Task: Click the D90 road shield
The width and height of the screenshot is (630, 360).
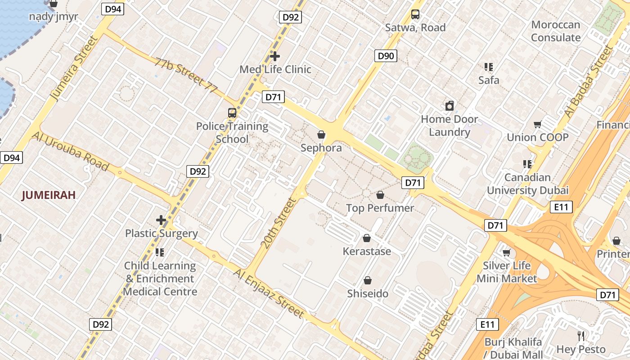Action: click(x=386, y=56)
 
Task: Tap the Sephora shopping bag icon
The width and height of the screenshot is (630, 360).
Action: click(x=321, y=135)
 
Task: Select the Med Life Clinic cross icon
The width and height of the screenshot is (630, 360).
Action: click(x=275, y=56)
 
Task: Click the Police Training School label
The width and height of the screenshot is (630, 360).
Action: click(x=232, y=133)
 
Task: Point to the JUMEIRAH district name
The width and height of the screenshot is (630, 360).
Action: click(x=49, y=195)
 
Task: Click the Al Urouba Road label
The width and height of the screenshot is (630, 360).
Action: click(x=70, y=152)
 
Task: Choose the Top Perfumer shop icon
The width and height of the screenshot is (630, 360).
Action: click(x=380, y=195)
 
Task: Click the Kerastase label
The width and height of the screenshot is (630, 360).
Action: click(x=367, y=251)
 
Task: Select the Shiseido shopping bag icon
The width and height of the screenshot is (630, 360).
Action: click(x=368, y=280)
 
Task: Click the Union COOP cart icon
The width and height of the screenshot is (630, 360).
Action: click(x=537, y=124)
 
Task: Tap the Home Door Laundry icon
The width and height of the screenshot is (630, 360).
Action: click(x=449, y=106)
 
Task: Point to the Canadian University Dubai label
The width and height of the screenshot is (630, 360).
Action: click(x=527, y=184)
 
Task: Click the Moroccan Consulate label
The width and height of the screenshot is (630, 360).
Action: click(x=556, y=31)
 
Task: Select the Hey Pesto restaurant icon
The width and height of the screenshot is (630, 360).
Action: click(x=581, y=336)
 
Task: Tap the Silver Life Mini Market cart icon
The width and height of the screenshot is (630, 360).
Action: click(x=507, y=252)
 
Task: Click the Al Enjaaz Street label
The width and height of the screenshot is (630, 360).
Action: click(x=269, y=293)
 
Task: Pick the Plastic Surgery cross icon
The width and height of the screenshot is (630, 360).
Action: click(x=161, y=220)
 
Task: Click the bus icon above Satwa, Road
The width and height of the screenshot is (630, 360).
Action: click(x=415, y=14)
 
